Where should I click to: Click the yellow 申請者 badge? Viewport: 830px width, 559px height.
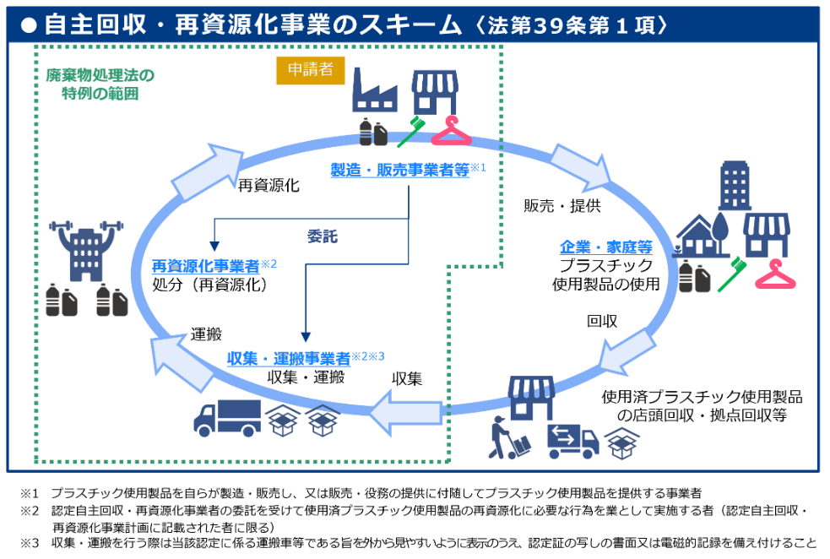pyautogui.click(x=310, y=70)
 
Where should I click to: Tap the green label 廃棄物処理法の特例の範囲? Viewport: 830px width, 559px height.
pyautogui.click(x=100, y=84)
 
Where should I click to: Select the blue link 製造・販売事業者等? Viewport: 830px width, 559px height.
pyautogui.click(x=399, y=170)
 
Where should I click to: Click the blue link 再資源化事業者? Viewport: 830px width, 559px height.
pyautogui.click(x=205, y=266)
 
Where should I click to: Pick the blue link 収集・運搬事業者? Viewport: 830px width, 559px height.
pyautogui.click(x=289, y=358)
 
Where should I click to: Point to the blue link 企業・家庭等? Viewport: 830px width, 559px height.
pyautogui.click(x=606, y=247)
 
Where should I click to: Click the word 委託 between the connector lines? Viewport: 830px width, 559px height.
pyautogui.click(x=323, y=236)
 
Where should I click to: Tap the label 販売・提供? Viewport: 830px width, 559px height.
pyautogui.click(x=562, y=206)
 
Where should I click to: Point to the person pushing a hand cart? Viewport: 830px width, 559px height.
pyautogui.click(x=508, y=437)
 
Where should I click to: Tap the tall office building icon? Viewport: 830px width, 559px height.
pyautogui.click(x=735, y=185)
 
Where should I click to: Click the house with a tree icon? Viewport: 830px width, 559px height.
pyautogui.click(x=702, y=236)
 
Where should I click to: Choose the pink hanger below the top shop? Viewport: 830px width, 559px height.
pyautogui.click(x=452, y=131)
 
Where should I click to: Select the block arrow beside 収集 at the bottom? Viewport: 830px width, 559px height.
pyautogui.click(x=405, y=413)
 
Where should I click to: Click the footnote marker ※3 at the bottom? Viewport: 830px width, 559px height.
pyautogui.click(x=30, y=543)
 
